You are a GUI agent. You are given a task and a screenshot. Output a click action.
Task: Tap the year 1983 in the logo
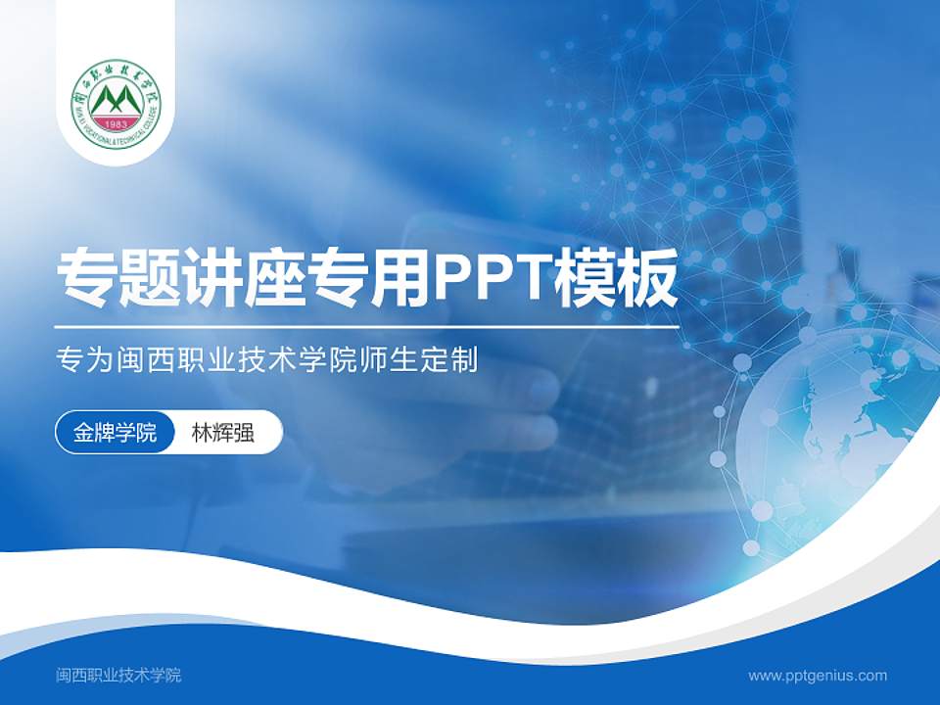(x=117, y=124)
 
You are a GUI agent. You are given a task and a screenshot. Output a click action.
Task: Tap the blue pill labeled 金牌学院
(x=115, y=434)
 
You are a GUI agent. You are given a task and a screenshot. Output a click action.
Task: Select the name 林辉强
(x=223, y=434)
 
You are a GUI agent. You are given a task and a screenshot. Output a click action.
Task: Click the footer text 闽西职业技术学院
(x=118, y=675)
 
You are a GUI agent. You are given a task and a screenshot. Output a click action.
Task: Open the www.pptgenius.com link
(x=818, y=675)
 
